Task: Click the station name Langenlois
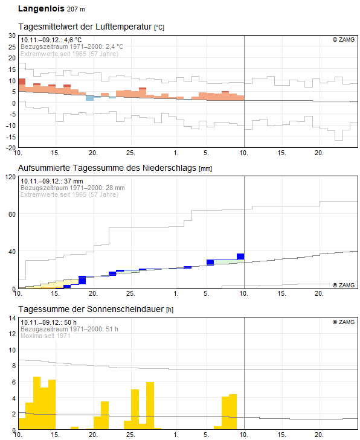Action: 41,8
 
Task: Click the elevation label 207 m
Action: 76,9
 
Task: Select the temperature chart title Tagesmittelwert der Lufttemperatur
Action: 85,27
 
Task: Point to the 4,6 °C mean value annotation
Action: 51,40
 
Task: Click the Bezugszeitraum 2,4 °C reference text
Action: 72,46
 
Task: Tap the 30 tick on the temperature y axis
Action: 12,36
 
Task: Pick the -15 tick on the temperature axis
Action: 11,136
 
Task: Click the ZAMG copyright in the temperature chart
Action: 344,40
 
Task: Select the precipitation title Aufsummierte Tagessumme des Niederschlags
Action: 107,168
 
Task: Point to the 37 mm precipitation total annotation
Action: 52,181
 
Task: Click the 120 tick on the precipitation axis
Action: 11,177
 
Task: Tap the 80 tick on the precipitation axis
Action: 12,214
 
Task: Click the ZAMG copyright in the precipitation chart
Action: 344,285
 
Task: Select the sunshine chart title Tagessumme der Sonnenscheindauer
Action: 91,309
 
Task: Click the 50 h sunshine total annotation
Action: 48,322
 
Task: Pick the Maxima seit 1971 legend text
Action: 45,336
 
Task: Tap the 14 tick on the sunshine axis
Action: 12,318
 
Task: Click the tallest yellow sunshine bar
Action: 37,403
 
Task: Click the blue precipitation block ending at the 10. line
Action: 240,257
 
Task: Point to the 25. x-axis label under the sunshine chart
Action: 130,435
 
